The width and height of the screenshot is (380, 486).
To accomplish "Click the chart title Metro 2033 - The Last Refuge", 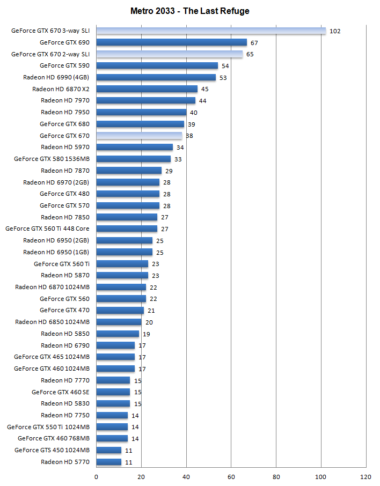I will tap(190, 11).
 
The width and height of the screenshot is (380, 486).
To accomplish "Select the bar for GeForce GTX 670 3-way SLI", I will tap(211, 31).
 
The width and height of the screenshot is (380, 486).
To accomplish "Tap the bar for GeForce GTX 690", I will tap(172, 42).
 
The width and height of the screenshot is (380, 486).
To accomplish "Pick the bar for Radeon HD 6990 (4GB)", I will tap(156, 77).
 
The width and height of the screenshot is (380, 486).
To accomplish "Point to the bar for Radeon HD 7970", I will tap(146, 100).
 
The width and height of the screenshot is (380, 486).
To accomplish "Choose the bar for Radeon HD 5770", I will tap(109, 461).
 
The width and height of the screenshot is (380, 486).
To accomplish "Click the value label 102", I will tap(335, 31).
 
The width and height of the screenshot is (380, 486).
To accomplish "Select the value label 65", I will tap(250, 54).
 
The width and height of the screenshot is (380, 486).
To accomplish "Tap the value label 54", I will tap(225, 66).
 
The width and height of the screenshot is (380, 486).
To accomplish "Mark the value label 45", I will tap(204, 89).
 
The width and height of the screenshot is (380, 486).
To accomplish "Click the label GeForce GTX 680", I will tap(64, 124).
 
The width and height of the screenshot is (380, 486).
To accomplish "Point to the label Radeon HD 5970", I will tap(65, 147).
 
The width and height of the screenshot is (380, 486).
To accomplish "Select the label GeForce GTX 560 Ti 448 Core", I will tap(47, 229).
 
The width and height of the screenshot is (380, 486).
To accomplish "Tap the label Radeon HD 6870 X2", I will tap(61, 89).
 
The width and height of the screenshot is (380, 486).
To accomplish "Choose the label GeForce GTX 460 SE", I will tap(61, 392).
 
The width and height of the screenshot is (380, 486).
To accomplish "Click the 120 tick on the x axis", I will tap(366, 476).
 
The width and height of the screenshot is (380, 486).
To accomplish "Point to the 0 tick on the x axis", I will tap(97, 476).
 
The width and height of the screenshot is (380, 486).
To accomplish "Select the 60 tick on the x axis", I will tap(231, 476).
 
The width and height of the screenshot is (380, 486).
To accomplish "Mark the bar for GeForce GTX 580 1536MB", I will tap(134, 159).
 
